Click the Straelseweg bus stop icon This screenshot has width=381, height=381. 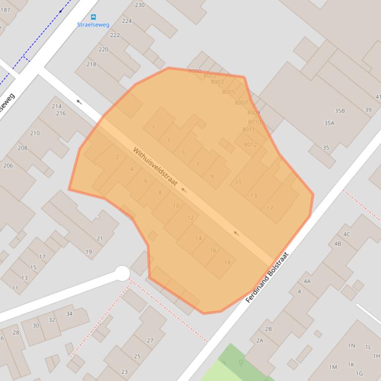click(x=94, y=17)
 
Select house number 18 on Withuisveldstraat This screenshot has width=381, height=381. click(x=227, y=262)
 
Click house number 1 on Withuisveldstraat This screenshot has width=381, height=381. click(x=153, y=128)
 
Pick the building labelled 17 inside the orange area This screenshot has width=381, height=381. click(x=270, y=208)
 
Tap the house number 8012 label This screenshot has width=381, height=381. click(x=250, y=145)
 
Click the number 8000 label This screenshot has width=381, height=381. click(x=195, y=71)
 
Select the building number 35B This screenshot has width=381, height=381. click(x=339, y=111)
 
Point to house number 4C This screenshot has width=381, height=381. click(x=347, y=234)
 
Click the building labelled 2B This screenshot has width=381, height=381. click(x=268, y=329)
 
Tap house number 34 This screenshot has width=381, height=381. click(x=69, y=314)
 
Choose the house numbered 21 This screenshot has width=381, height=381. click(x=100, y=238)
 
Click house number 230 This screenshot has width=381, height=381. click(x=140, y=5)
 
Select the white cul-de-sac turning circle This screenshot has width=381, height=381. click(x=122, y=273)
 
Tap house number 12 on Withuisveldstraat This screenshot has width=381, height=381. click(x=191, y=218)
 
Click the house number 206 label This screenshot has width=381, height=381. click(x=8, y=165)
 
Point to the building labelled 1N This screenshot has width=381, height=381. click(x=351, y=345)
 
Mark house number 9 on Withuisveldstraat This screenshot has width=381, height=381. click(x=212, y=177)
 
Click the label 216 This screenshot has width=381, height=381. click(x=61, y=113)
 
